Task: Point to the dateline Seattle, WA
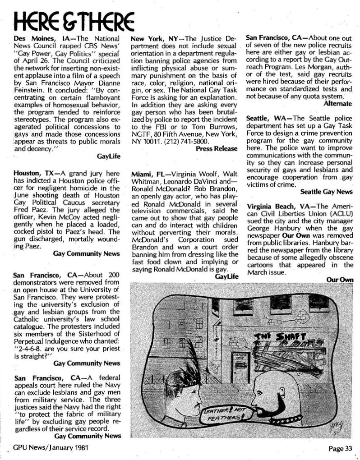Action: tap(266, 119)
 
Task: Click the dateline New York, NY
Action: tap(154, 39)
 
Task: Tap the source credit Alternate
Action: tap(338, 103)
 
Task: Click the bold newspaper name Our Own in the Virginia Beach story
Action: tap(293, 235)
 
